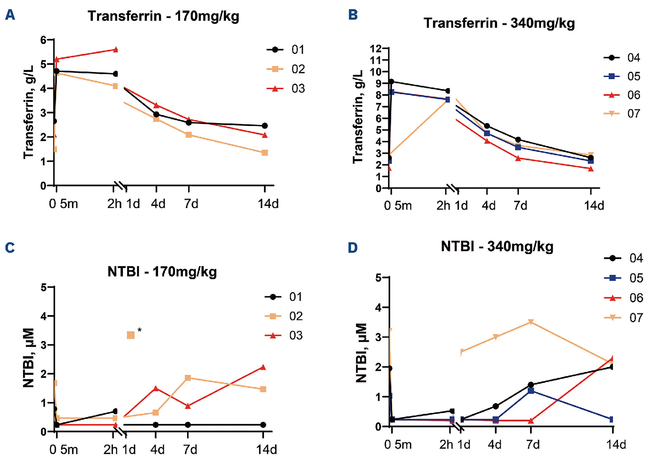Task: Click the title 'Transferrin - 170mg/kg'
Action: pos(163,16)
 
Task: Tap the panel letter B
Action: pos(353,15)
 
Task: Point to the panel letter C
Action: pos(10,248)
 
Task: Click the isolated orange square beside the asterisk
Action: pos(131,335)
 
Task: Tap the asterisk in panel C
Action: pos(140,330)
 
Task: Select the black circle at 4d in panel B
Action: pos(487,126)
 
